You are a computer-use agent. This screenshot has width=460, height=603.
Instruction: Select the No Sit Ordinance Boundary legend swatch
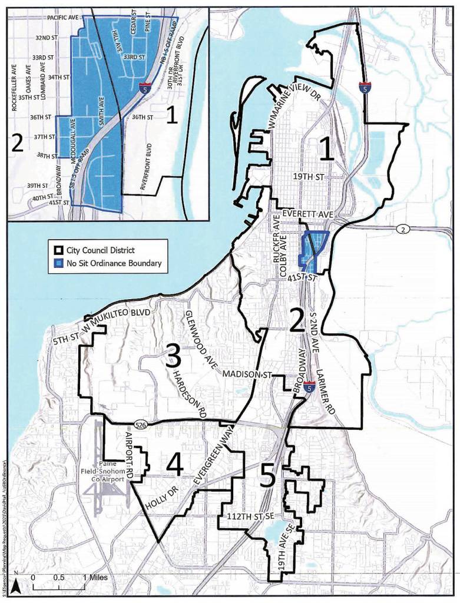[57, 264]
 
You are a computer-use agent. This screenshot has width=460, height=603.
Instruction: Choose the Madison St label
[246, 374]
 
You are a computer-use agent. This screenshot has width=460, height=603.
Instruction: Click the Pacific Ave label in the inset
[61, 19]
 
